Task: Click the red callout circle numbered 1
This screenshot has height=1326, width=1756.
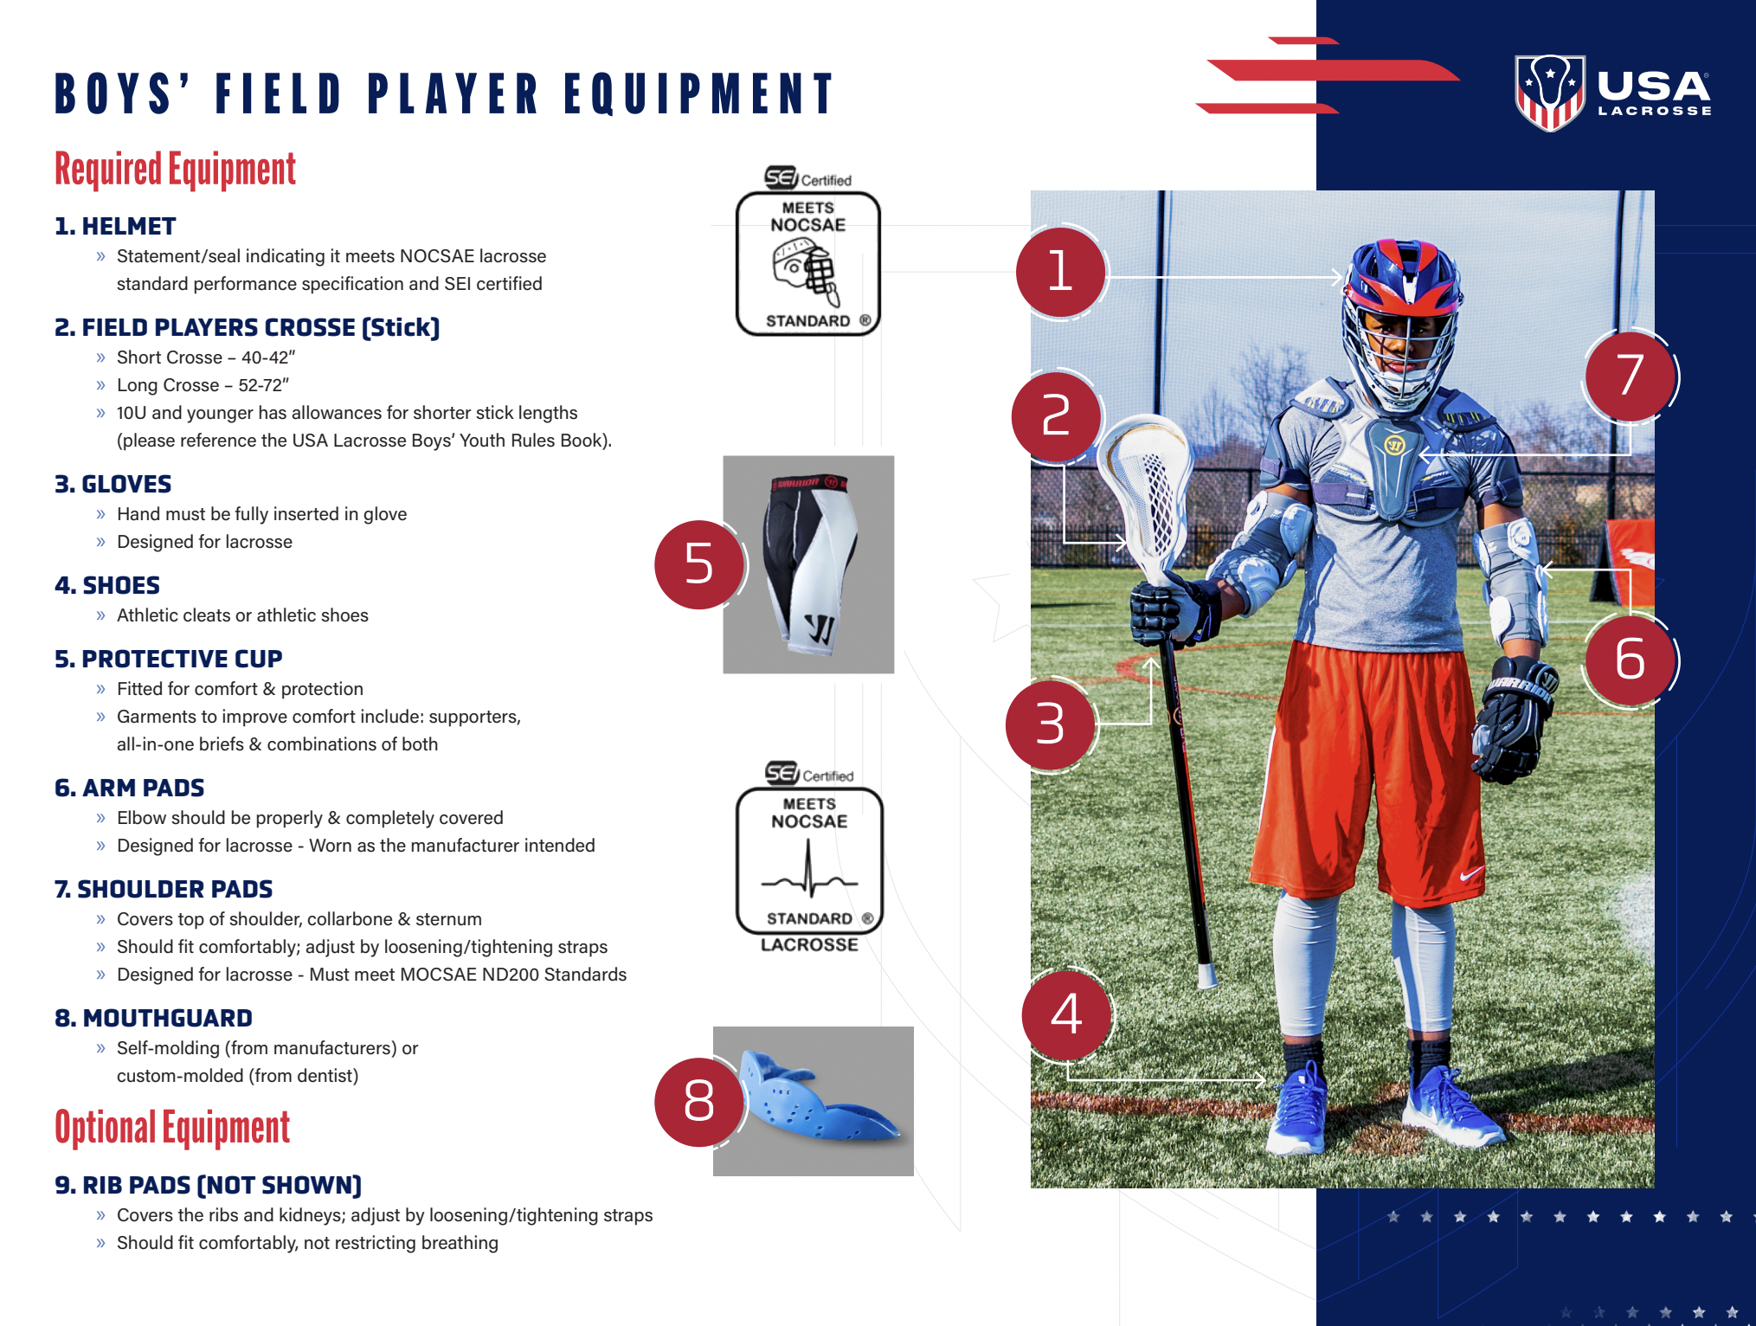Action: (x=1060, y=272)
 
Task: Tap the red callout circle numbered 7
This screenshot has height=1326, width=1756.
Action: (x=1630, y=376)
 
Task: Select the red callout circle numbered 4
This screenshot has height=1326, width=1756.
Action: (x=1066, y=1014)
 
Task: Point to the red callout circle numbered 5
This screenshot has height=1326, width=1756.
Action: (x=698, y=564)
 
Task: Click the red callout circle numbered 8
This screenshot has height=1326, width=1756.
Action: (x=698, y=1102)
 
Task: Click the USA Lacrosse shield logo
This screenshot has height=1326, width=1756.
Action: (x=1549, y=92)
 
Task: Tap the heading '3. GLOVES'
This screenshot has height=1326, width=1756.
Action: (x=113, y=484)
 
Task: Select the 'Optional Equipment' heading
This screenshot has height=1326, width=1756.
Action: (x=172, y=1128)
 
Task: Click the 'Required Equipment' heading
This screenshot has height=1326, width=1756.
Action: (x=175, y=170)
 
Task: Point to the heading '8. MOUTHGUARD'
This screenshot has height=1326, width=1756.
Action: (x=154, y=1018)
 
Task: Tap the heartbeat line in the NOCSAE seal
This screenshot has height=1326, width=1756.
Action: (x=809, y=874)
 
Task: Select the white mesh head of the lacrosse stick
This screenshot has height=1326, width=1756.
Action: (x=1147, y=493)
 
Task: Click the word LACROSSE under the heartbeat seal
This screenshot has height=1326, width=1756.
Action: (x=809, y=945)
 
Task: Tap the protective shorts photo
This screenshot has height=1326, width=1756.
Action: (x=808, y=564)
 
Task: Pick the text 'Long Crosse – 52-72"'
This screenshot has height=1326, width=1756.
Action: (x=203, y=385)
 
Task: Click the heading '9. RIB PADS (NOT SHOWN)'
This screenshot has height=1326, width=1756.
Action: (x=209, y=1185)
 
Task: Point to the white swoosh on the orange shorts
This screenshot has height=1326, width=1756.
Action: (x=1470, y=875)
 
